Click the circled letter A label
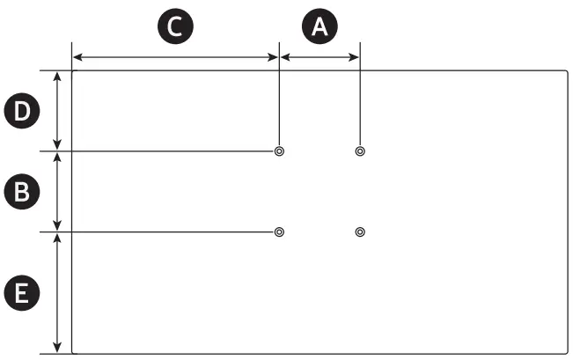[x=319, y=26]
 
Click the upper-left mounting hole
[x=279, y=151]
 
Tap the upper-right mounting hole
[x=359, y=151]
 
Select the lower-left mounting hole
[x=279, y=232]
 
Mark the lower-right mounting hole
[x=359, y=232]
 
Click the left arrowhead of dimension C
[x=76, y=58]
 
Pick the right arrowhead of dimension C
[x=274, y=58]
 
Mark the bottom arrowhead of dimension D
[x=58, y=147]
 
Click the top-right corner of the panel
[x=567, y=71]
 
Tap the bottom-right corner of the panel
[x=567, y=353]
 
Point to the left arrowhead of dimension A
[x=284, y=58]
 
